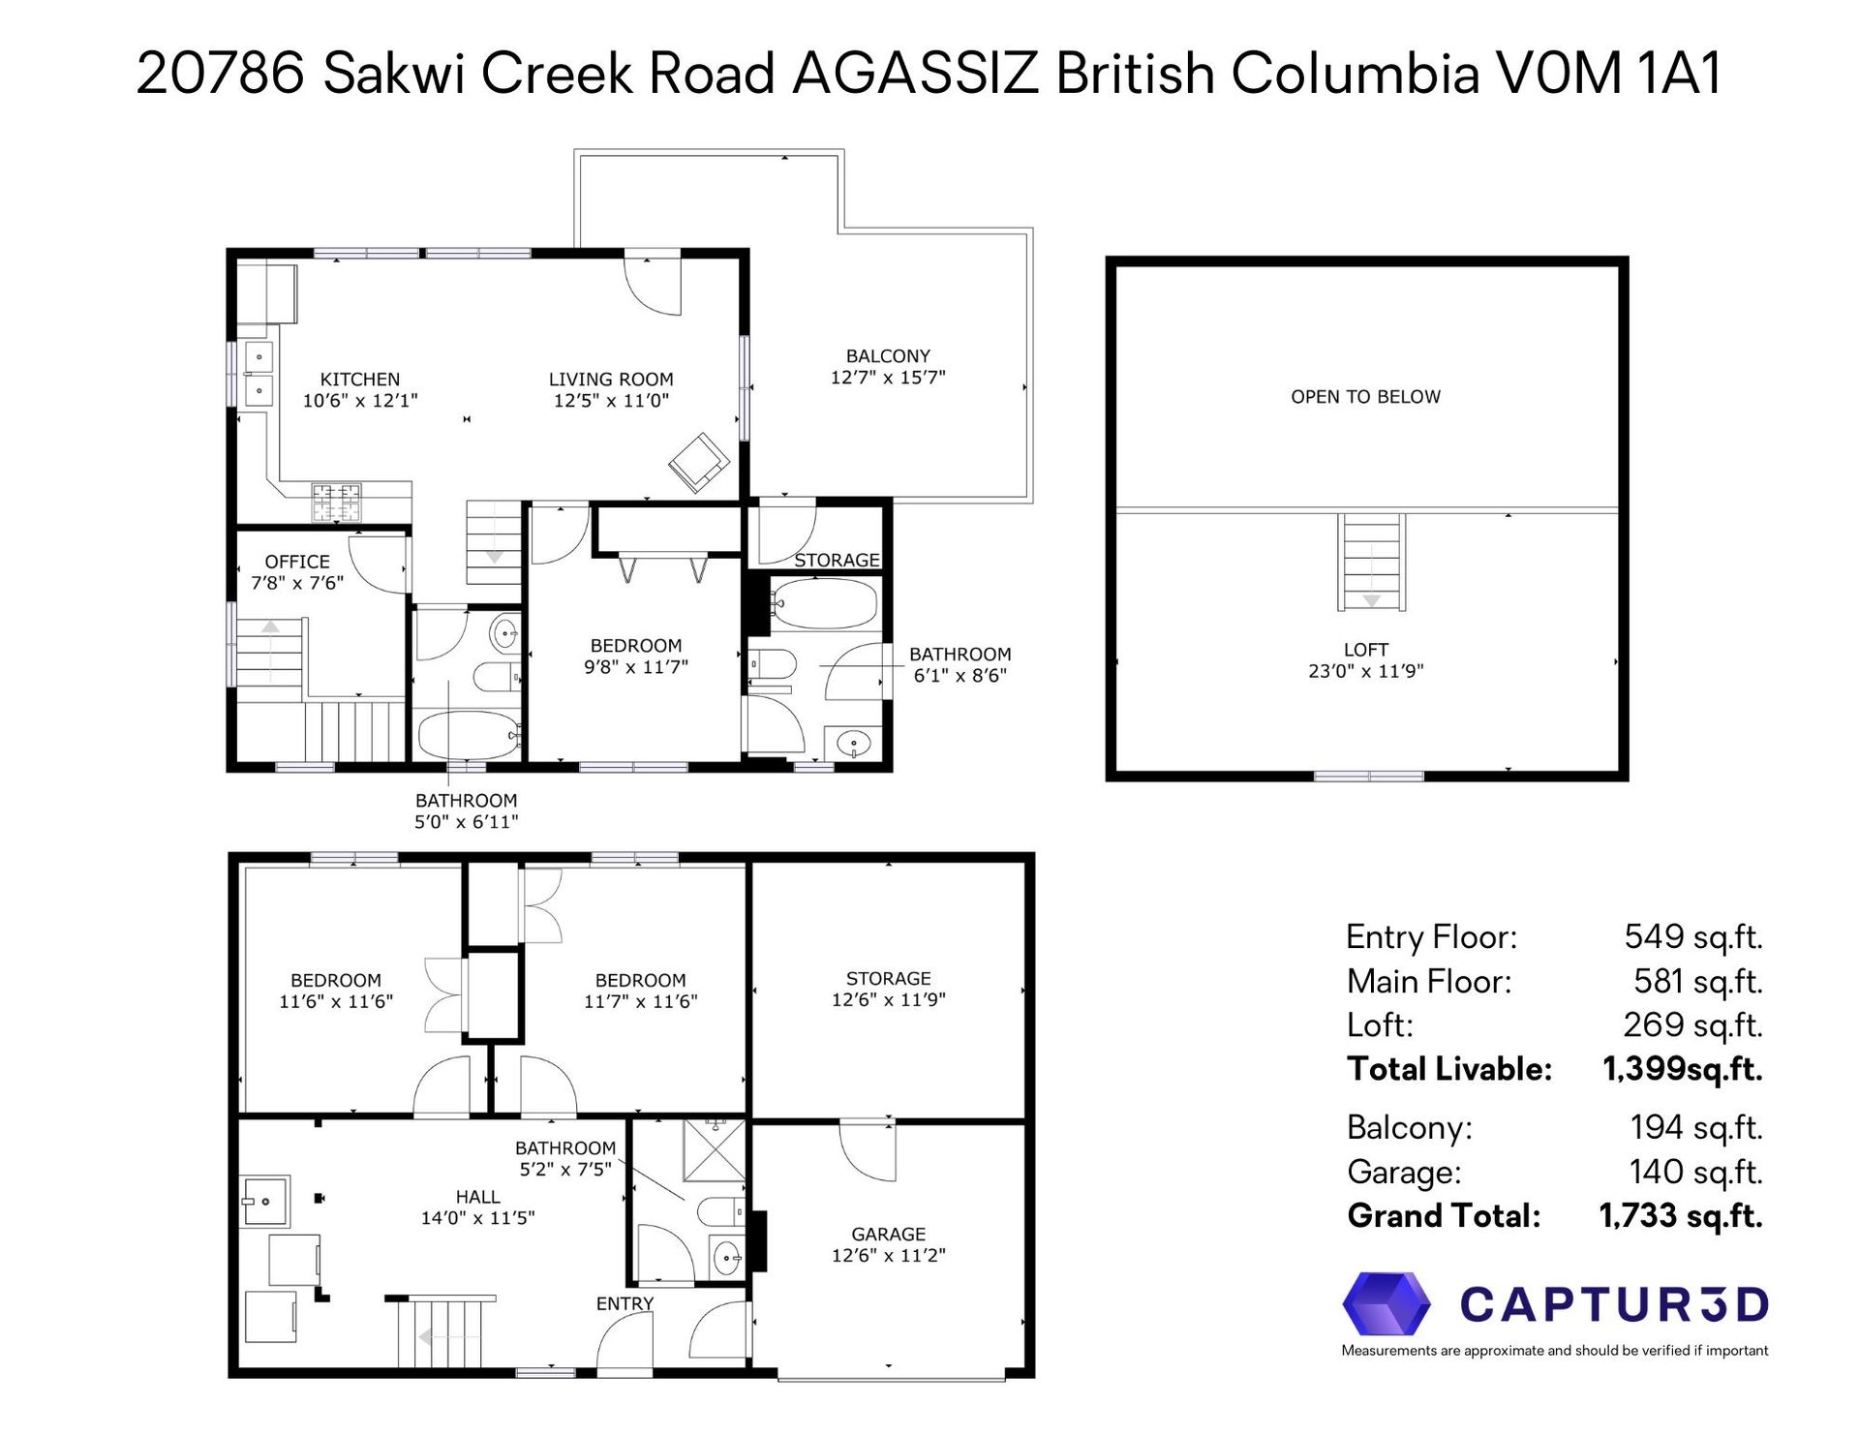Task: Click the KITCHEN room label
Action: point(360,380)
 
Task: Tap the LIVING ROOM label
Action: point(611,380)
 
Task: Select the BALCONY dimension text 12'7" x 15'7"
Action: point(888,378)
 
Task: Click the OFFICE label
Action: point(297,562)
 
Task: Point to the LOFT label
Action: point(1366,650)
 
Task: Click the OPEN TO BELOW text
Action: point(1365,397)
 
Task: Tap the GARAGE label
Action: point(889,1235)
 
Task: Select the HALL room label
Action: point(478,1198)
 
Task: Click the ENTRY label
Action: point(625,1304)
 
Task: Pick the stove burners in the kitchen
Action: point(336,503)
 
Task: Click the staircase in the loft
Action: point(1372,562)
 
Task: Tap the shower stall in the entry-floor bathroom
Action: point(716,1150)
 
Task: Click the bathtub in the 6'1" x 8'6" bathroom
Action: point(825,604)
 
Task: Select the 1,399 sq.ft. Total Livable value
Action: point(1683,1069)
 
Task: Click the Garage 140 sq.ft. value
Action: point(1695,1172)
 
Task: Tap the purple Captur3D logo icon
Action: point(1387,1303)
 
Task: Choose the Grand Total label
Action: point(1444,1216)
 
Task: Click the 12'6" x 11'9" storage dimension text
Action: point(888,1000)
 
